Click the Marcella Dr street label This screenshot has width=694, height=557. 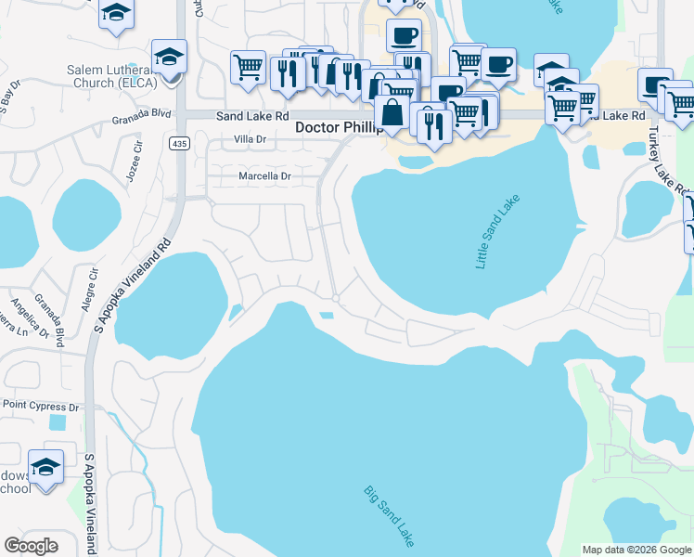tap(265, 175)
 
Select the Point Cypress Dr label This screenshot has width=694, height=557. tap(41, 407)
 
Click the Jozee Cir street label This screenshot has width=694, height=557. tap(133, 162)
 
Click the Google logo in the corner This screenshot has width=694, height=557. tap(31, 546)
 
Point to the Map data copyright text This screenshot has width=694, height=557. tap(637, 550)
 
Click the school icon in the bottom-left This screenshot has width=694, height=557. tap(45, 470)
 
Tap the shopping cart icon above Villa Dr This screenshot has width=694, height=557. tap(248, 69)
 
